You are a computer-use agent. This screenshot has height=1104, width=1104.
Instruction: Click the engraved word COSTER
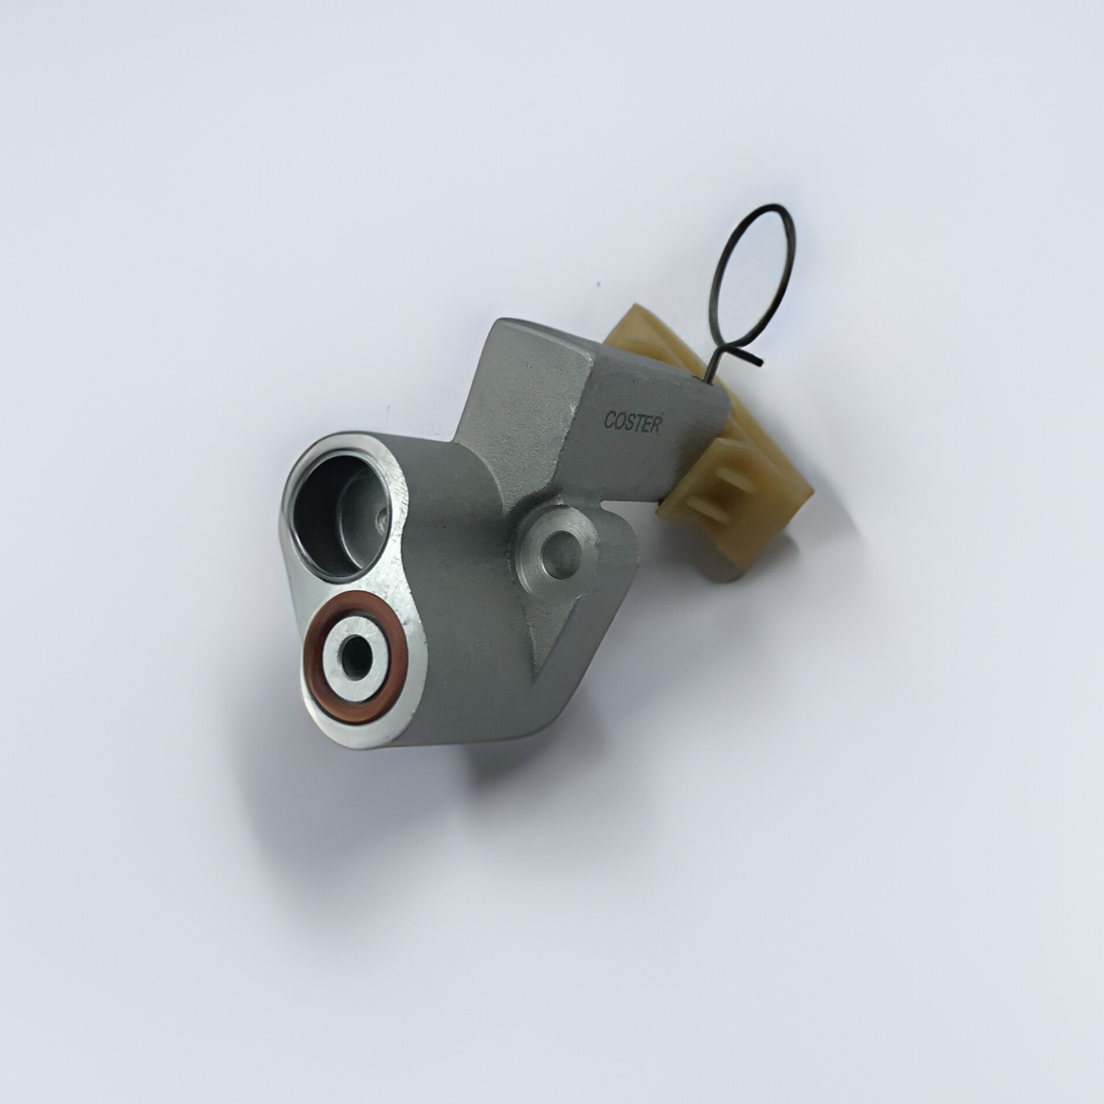632,422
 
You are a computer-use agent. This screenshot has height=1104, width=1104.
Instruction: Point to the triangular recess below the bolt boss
549,627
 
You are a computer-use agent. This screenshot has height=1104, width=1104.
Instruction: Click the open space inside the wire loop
755,279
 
